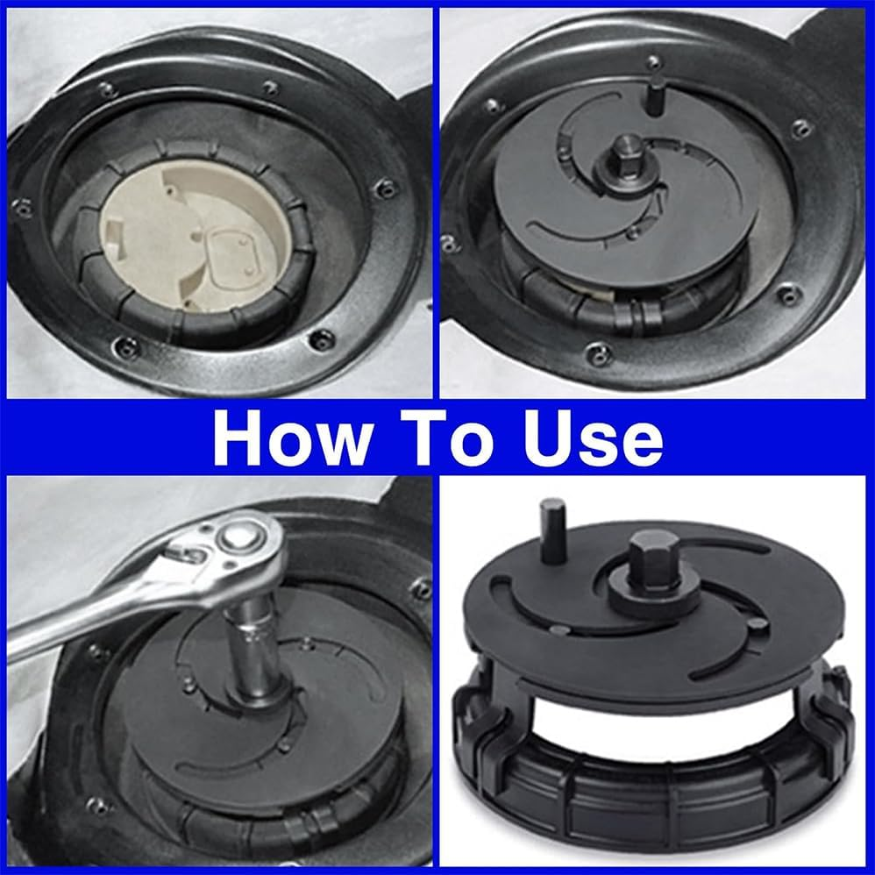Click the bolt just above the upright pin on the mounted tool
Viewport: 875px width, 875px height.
tap(653, 61)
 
